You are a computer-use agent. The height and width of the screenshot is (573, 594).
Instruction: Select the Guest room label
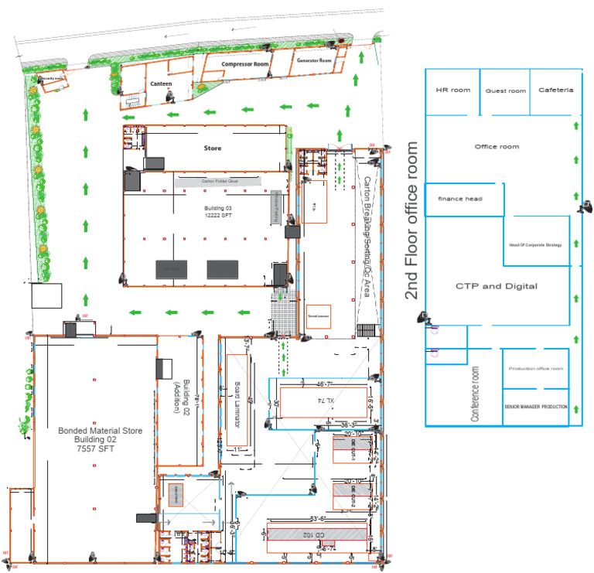click(x=506, y=91)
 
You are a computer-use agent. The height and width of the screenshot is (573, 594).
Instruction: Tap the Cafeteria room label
click(x=556, y=90)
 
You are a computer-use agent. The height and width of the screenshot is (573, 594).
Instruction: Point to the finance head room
click(x=460, y=200)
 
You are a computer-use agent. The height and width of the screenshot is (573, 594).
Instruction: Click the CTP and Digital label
click(x=496, y=286)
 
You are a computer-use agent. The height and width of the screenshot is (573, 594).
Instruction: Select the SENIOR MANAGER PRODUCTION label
click(x=536, y=407)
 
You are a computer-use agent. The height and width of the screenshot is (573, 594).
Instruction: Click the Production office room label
click(x=535, y=369)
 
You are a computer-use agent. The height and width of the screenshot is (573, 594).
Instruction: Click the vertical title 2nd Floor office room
click(x=411, y=220)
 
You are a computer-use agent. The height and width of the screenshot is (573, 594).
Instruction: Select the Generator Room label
click(x=314, y=60)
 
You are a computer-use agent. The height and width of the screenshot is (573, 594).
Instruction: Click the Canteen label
click(x=161, y=84)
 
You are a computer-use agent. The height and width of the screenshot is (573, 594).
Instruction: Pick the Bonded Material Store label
click(x=101, y=431)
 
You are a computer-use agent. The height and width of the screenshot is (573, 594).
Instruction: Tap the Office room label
click(x=497, y=147)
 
